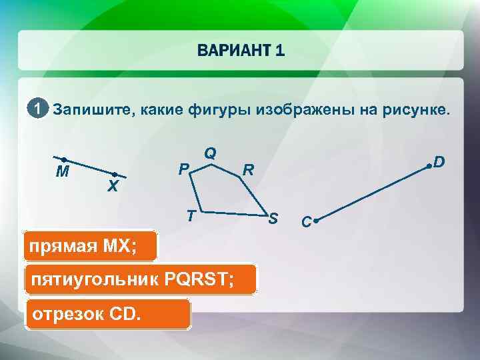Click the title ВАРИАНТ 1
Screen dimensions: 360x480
tap(241, 51)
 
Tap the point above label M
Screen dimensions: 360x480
tap(63, 159)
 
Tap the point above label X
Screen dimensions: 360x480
tap(115, 175)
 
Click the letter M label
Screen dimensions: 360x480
tap(63, 173)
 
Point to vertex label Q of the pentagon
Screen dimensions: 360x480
tap(210, 153)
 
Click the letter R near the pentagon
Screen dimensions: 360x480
tap(247, 170)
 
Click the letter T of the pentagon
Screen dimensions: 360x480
tap(190, 215)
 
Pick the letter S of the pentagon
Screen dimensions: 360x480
tap(273, 219)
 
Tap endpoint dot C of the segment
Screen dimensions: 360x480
tap(315, 219)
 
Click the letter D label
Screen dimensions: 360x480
tap(439, 162)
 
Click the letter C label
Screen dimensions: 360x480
tap(305, 221)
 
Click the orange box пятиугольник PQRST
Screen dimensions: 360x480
tap(139, 280)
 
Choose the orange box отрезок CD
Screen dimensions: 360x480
tap(107, 314)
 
